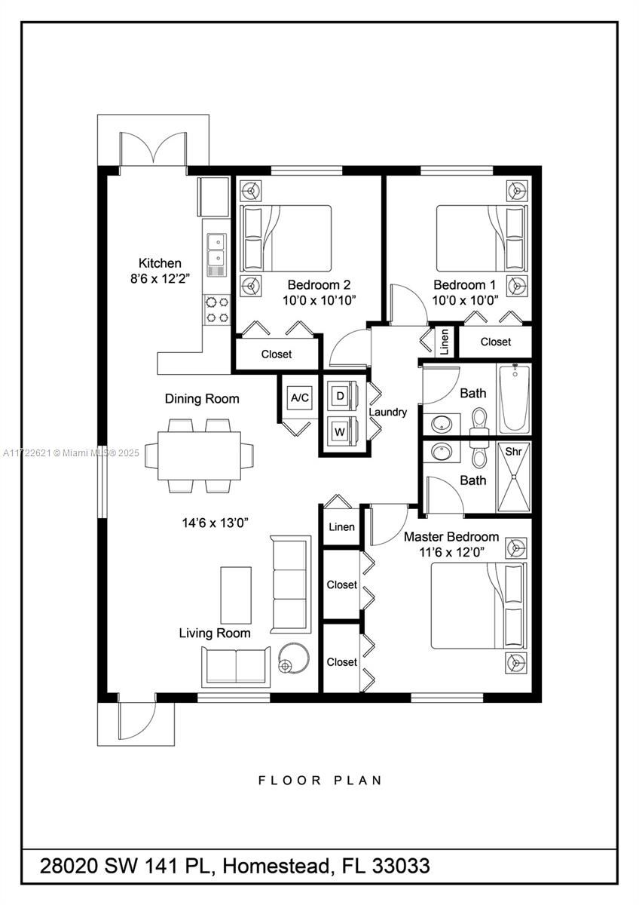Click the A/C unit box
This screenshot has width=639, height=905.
[300, 397]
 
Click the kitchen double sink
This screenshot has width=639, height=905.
[216, 255]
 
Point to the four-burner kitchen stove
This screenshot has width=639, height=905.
[217, 310]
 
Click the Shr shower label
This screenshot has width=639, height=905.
[513, 451]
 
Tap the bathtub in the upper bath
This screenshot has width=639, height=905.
[514, 399]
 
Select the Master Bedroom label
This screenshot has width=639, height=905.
[451, 536]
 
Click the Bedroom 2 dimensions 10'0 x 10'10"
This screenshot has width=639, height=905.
[319, 300]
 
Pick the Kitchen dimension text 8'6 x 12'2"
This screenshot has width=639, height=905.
[160, 278]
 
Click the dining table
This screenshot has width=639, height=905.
[199, 456]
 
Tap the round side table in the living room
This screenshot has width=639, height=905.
[295, 658]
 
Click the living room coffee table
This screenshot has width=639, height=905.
[236, 595]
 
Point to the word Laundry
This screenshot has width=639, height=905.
[388, 412]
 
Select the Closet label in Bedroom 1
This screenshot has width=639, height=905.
[496, 342]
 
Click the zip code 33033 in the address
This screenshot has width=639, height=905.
[401, 866]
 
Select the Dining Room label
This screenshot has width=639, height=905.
[202, 399]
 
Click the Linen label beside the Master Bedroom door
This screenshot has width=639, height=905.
[341, 527]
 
